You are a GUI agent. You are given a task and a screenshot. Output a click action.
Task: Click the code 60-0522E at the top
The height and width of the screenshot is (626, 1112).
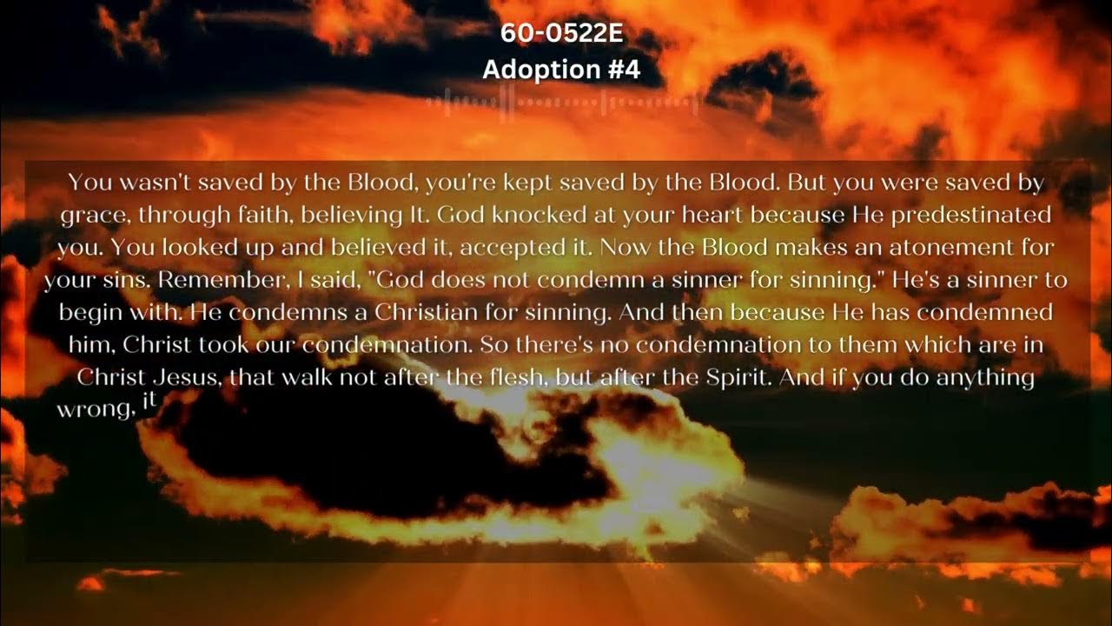[x=561, y=35]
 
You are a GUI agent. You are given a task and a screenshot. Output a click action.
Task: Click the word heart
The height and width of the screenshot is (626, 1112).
[x=712, y=215]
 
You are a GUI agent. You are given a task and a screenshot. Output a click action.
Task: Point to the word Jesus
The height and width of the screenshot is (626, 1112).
[x=179, y=378]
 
